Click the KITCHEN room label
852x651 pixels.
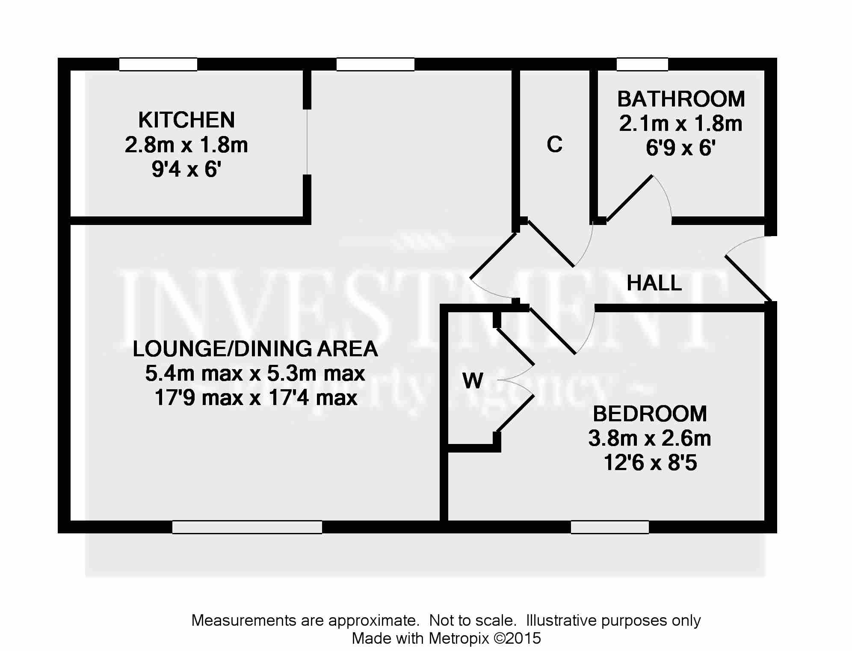point(186,120)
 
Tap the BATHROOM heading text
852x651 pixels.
point(681,99)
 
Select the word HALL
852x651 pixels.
point(654,283)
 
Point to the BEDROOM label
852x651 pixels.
point(650,414)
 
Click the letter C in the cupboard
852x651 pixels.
point(555,145)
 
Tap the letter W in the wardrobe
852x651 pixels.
point(473,380)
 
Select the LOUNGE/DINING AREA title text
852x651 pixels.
point(255,349)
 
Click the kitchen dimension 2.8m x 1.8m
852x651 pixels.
point(186,145)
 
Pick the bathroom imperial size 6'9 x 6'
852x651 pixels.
point(681,148)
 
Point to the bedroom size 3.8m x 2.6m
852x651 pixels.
point(650,438)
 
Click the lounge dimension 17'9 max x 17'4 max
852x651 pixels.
point(256,398)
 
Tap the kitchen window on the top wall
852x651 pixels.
point(158,64)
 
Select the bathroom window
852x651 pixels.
point(642,64)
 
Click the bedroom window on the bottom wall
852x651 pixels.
point(610,527)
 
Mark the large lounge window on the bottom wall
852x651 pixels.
point(247,527)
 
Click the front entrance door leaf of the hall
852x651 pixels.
point(748,278)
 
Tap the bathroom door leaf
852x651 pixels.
point(629,198)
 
